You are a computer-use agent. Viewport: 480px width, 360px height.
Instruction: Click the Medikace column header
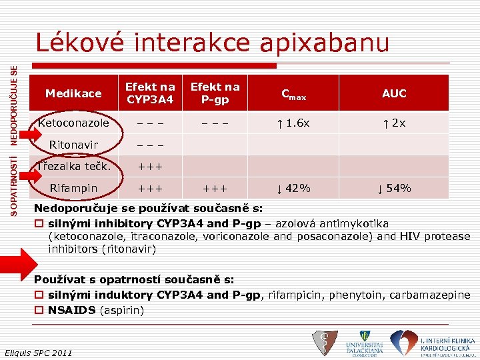click(73, 94)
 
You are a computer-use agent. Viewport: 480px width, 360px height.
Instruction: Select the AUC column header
click(394, 94)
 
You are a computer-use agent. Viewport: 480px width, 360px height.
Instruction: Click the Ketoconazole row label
click(73, 123)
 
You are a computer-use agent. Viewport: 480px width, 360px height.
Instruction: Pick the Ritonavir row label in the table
click(73, 145)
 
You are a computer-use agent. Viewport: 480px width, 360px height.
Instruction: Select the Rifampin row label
click(73, 188)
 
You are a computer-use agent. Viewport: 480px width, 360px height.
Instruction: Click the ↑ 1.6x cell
click(293, 123)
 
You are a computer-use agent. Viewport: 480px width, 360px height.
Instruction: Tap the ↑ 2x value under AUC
click(394, 123)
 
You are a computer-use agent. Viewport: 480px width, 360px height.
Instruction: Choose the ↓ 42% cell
click(293, 188)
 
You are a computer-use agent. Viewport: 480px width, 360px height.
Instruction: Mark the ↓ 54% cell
click(394, 188)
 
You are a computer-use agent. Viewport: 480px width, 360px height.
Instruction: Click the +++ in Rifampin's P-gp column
click(215, 188)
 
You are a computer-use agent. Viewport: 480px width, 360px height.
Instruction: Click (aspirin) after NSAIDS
click(122, 310)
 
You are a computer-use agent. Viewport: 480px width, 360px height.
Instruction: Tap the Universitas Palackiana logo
click(364, 343)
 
